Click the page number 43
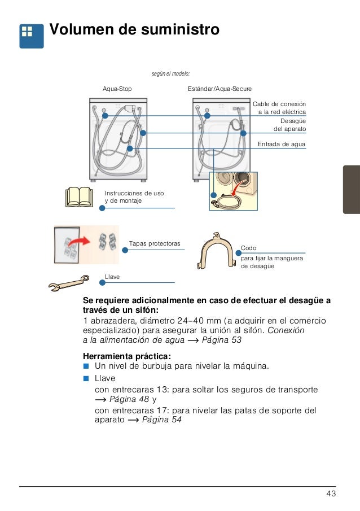tap(331, 495)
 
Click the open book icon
tap(79, 197)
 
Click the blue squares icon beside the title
tap(31, 36)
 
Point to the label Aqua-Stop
tap(117, 89)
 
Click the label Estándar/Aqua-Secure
tap(219, 89)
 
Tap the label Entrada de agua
tap(282, 144)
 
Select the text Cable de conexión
tap(279, 104)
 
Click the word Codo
tap(248, 248)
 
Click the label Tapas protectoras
tap(155, 243)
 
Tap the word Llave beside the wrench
tap(113, 276)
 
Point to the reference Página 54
tap(161, 420)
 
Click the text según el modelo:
tap(170, 73)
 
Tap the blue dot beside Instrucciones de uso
tap(102, 208)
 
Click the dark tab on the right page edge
tap(351, 189)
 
